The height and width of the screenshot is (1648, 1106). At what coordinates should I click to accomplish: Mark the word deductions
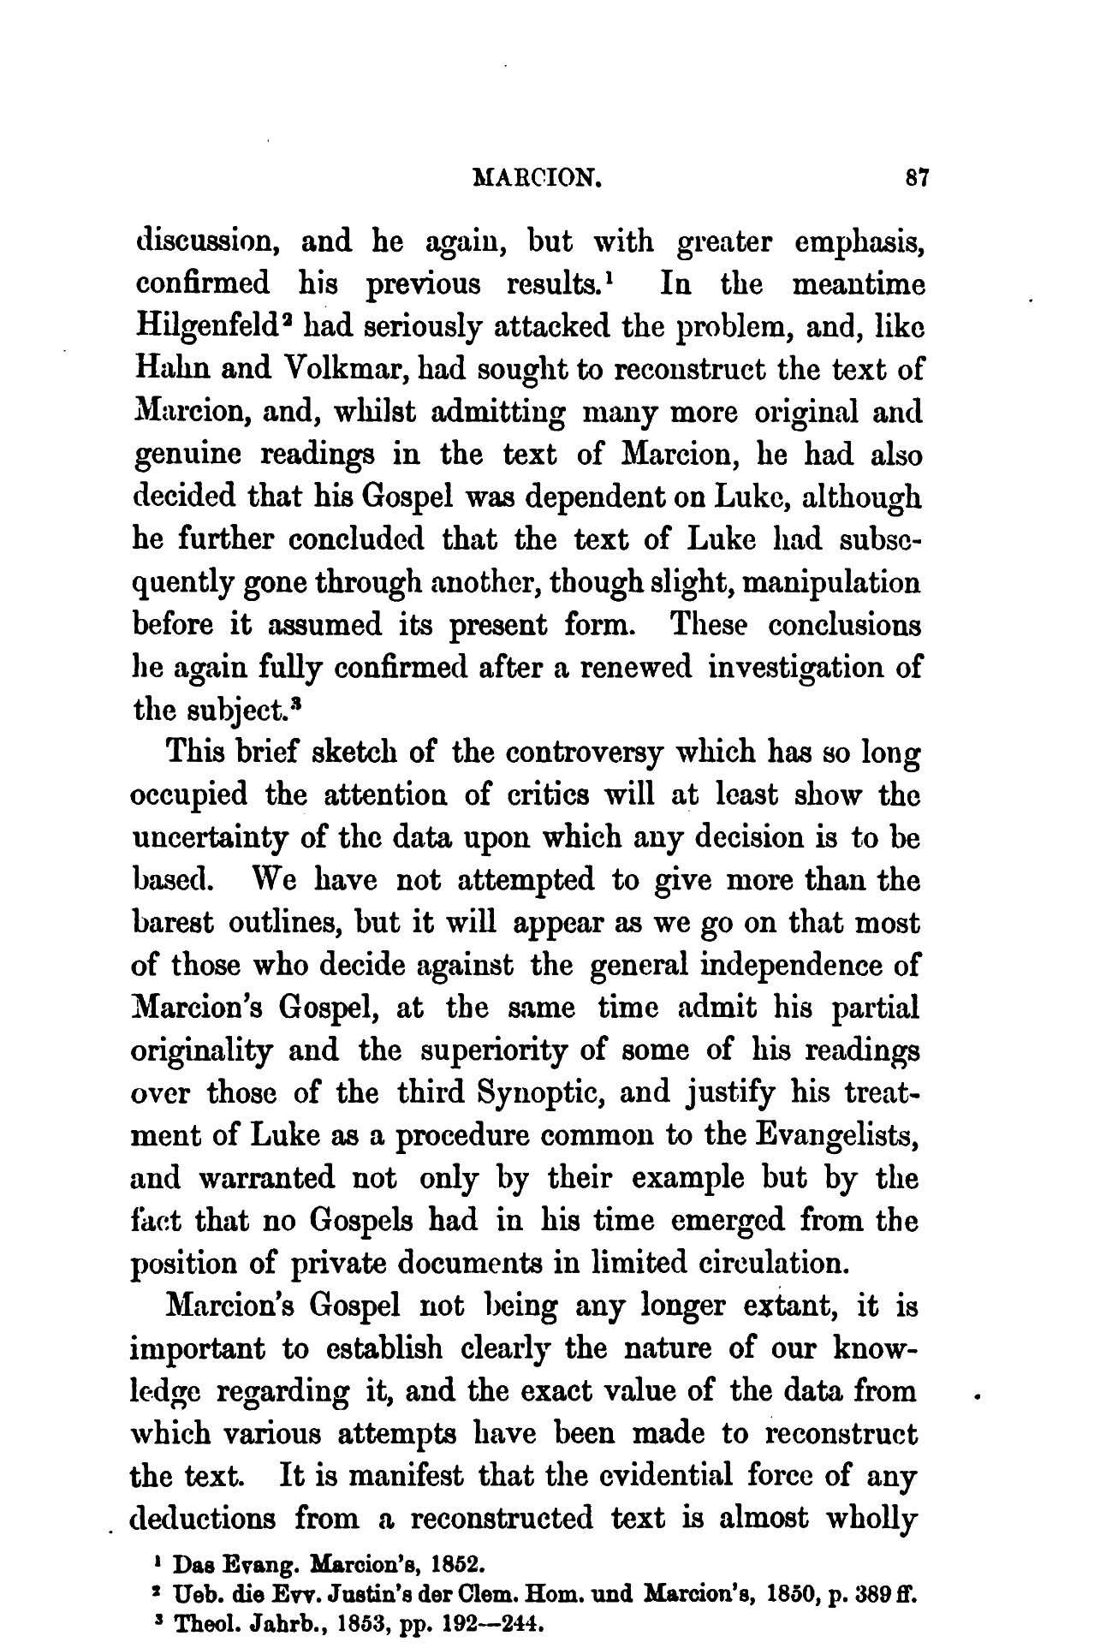203,1520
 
